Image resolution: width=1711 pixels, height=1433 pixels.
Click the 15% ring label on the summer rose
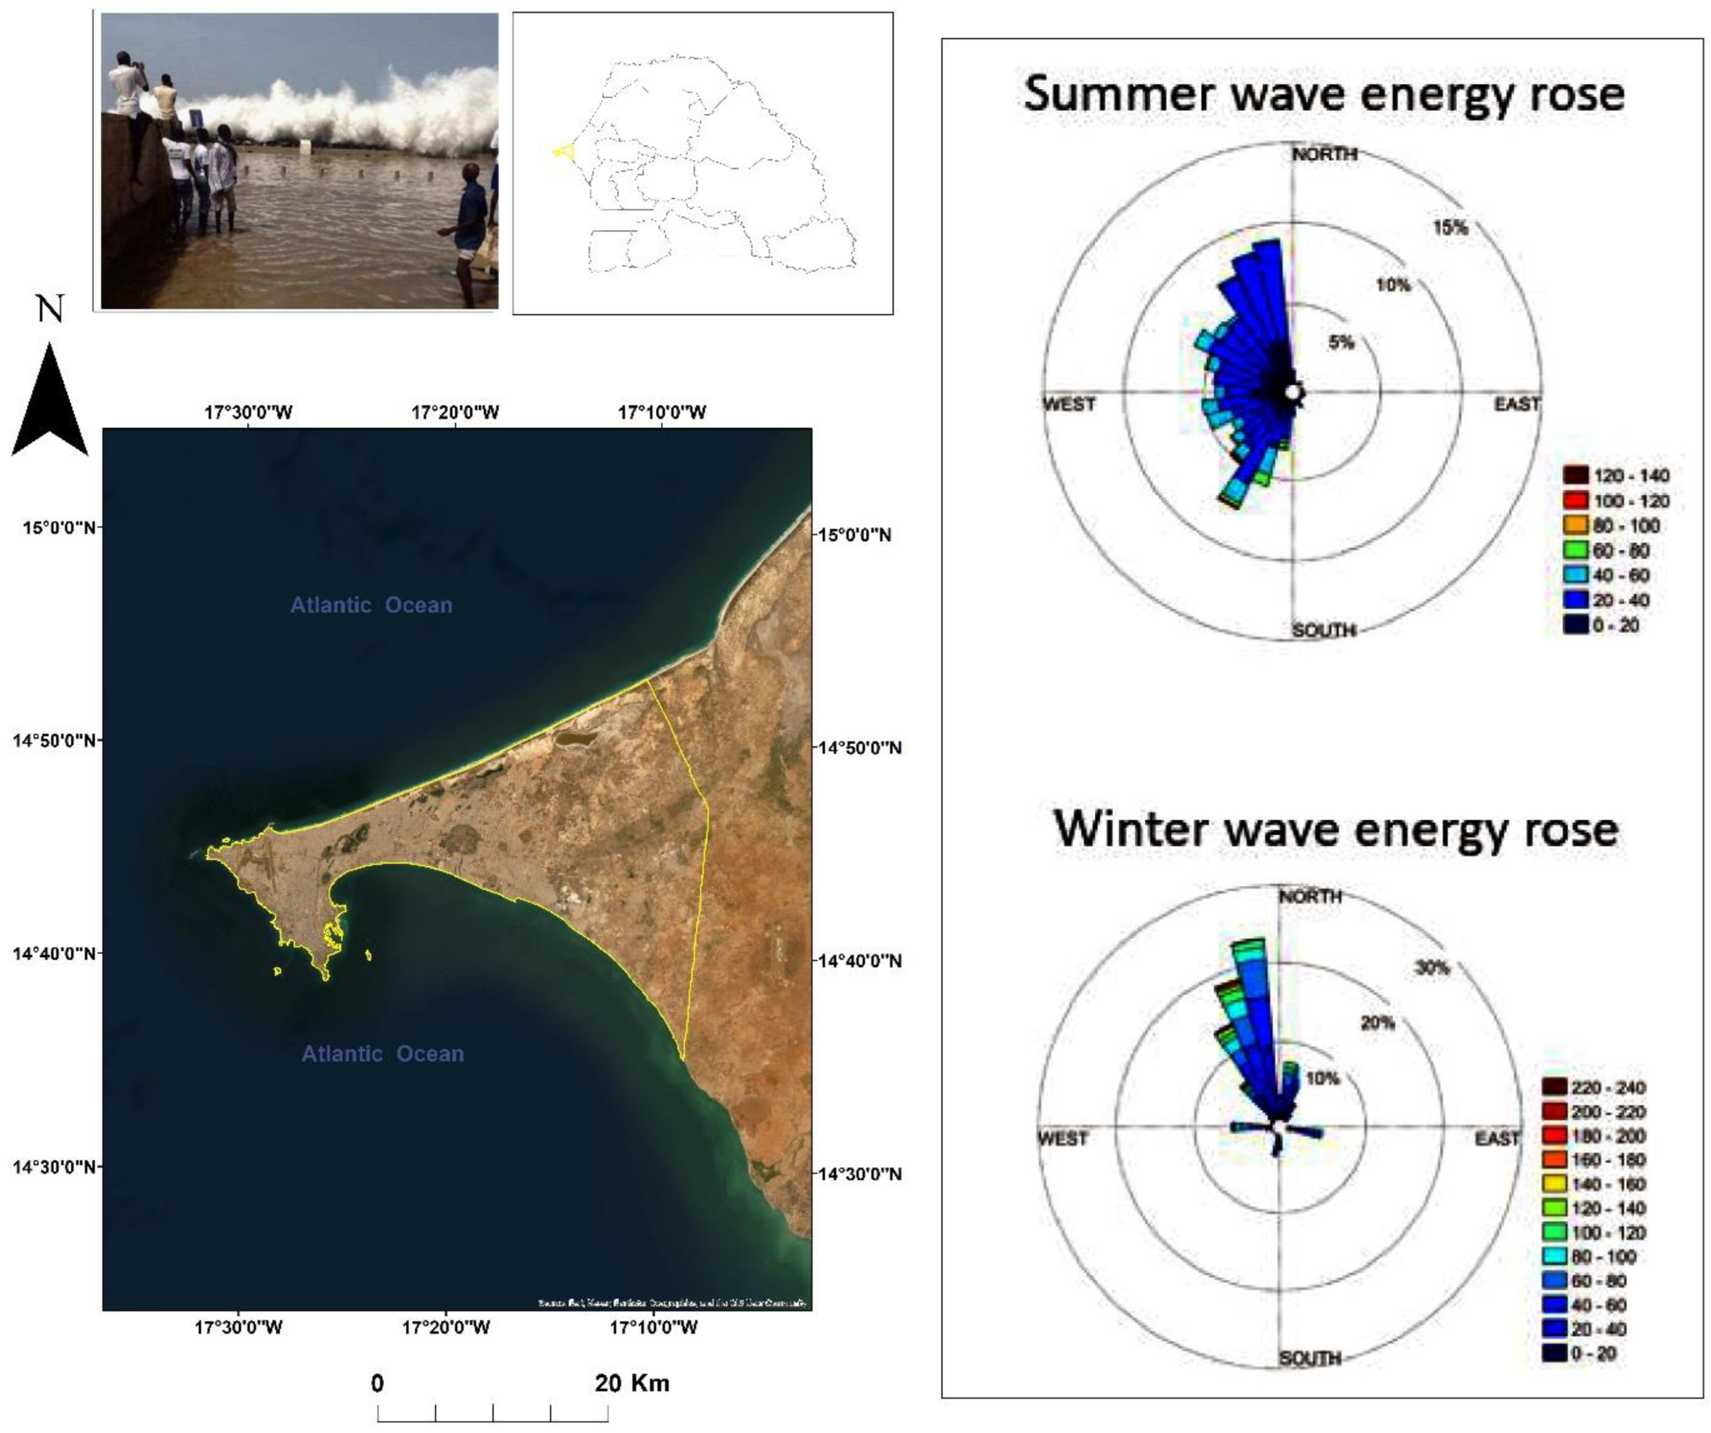coord(1450,227)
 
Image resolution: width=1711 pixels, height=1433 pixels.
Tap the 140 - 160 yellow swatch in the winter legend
coord(1554,1184)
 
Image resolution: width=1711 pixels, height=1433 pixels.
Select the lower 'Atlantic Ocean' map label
coord(383,1054)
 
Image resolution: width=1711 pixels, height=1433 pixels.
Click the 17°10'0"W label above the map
coord(662,412)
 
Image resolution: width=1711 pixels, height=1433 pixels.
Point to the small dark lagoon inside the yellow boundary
coord(575,739)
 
